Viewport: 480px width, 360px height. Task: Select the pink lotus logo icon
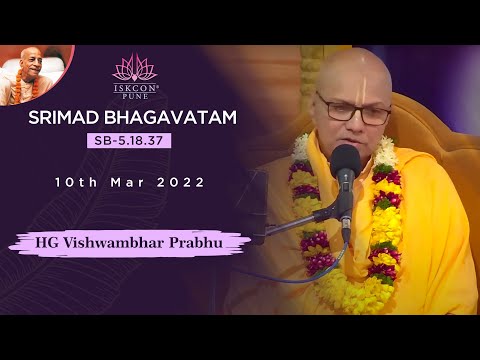(134, 67)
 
